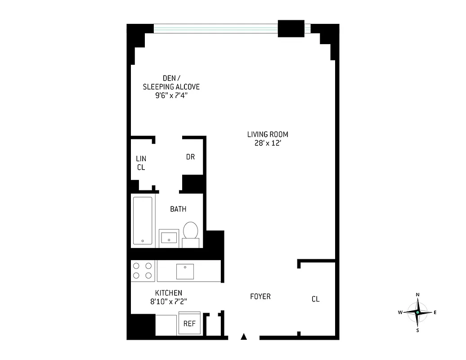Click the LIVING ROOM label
click(x=267, y=134)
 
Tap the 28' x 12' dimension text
click(x=267, y=144)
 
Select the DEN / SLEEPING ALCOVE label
click(x=171, y=82)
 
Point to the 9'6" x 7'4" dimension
click(x=171, y=95)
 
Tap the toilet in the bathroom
click(x=191, y=231)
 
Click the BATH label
click(x=178, y=209)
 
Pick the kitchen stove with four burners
click(x=143, y=270)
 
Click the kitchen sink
click(x=185, y=271)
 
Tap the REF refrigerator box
click(x=189, y=323)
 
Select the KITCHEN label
click(x=169, y=293)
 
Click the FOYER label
click(x=260, y=297)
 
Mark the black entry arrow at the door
click(x=244, y=336)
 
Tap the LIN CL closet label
click(x=141, y=163)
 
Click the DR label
click(x=190, y=157)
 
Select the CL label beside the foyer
click(x=315, y=299)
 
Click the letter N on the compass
click(x=418, y=295)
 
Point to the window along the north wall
click(x=216, y=28)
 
